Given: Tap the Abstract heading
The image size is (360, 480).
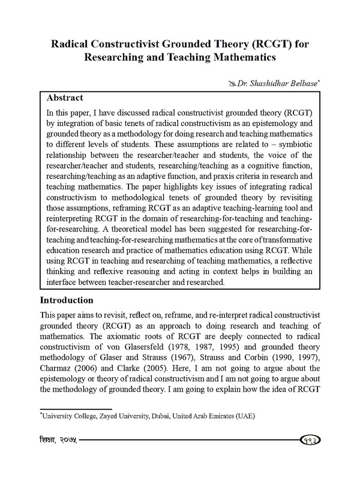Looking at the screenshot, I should [x=65, y=97].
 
